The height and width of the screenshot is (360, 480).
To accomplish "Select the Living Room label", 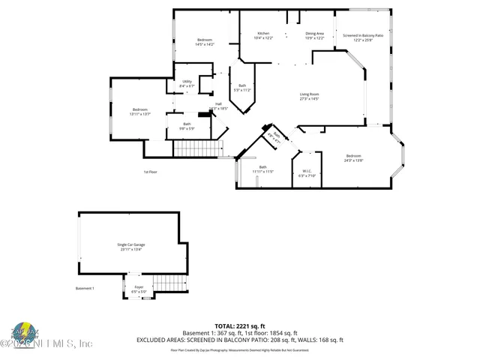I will (x=310, y=95).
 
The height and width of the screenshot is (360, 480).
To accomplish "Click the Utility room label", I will (x=187, y=83).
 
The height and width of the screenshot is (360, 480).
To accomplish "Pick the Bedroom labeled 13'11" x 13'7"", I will (x=141, y=112).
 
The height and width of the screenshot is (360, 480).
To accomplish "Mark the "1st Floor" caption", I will (x=150, y=172).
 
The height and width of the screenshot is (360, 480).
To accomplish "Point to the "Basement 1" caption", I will (x=85, y=289).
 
